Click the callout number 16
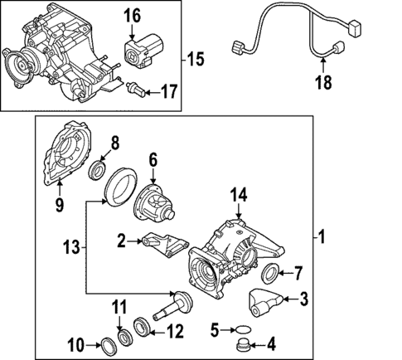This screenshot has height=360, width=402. pos(133,16)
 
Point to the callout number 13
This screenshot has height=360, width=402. pos(73,246)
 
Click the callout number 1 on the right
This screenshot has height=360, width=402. pos(322,236)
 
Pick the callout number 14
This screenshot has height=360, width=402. pos(239,196)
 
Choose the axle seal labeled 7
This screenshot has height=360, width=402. pos(270,274)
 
